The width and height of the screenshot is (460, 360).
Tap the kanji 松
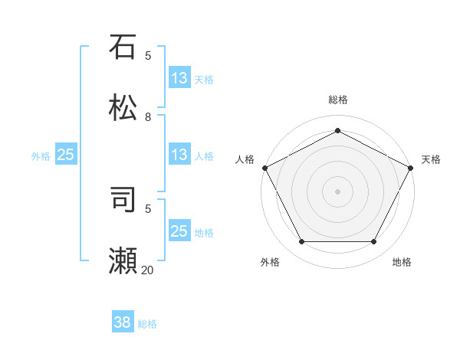123,107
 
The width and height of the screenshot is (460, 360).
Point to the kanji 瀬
123,261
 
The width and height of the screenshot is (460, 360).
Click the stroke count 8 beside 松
148,117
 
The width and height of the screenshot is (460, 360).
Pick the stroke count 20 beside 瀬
148,270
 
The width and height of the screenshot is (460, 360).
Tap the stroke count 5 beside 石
148,56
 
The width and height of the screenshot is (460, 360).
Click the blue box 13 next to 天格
179,78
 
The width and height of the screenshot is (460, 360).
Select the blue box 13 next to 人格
179,155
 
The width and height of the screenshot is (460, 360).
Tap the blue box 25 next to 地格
179,231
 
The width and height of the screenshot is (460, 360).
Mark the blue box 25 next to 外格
66,155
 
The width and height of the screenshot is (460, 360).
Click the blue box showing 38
123,322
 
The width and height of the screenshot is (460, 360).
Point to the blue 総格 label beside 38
147,324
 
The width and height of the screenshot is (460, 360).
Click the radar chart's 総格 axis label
338,100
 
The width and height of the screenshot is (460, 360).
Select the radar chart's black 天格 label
431,159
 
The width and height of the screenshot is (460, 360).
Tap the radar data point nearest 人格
264,168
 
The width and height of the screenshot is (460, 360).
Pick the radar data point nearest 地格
374,242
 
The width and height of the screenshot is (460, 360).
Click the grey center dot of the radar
338,191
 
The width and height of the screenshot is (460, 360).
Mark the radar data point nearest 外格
301,242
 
